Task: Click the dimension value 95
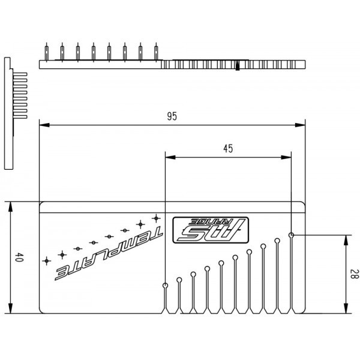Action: coord(172,116)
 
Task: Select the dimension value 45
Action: coord(228,149)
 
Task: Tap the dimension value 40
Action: coord(19,257)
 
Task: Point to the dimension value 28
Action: coord(353,274)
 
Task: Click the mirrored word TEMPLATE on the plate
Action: coord(109,253)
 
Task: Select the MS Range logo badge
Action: coord(211,230)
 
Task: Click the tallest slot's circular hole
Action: coord(292,235)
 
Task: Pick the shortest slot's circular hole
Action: coord(165,286)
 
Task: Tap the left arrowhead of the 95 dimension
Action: coord(44,125)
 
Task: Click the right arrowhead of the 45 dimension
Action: coord(286,157)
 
